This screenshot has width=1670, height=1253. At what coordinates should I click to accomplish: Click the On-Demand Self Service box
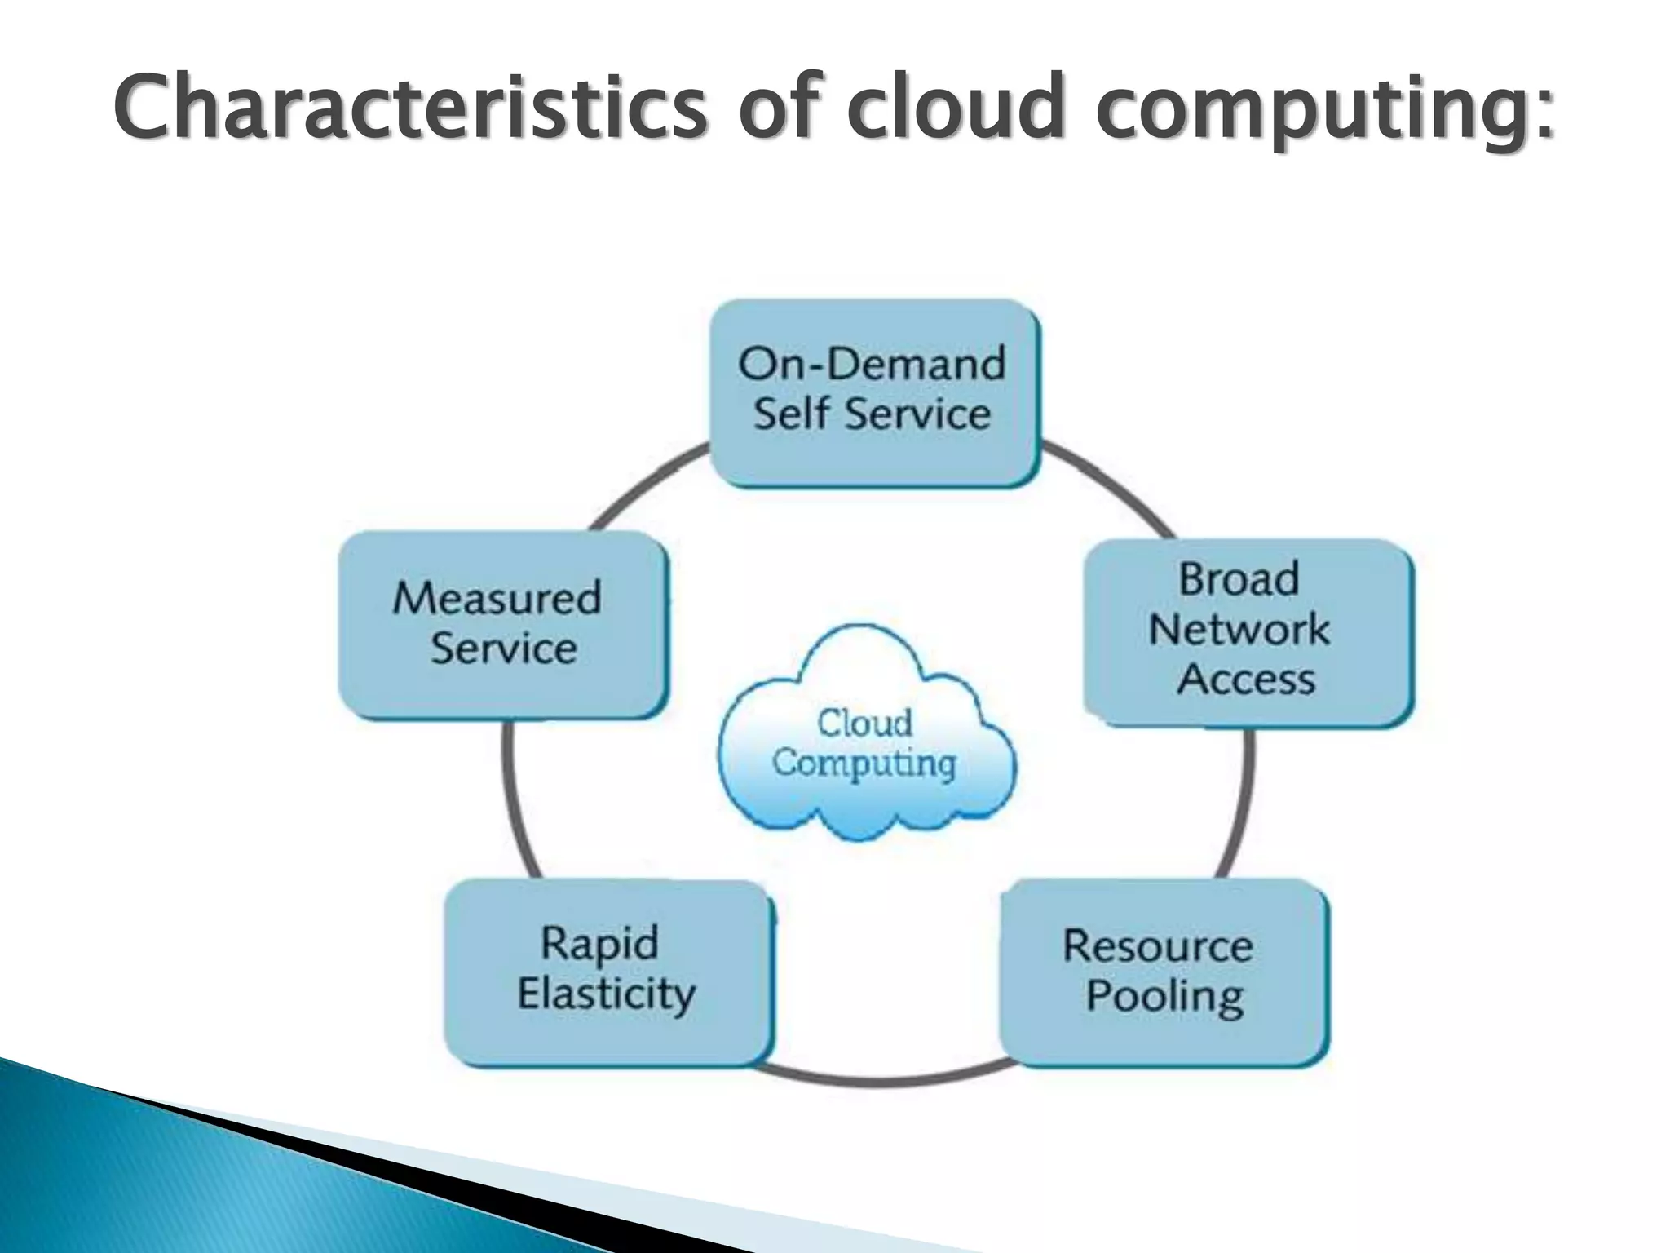coord(874,393)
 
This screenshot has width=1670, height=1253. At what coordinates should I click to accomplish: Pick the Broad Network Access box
coord(1248,632)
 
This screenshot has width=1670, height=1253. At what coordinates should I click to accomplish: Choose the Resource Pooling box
coord(1164,972)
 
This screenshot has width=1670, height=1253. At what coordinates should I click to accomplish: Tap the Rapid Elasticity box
coord(607,972)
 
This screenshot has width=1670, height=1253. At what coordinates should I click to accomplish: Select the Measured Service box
coord(502,625)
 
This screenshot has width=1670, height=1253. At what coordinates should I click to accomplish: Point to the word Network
coord(1239,630)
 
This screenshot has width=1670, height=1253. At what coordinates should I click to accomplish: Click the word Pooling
coord(1165,998)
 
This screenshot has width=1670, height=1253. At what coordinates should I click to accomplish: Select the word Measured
coord(497,598)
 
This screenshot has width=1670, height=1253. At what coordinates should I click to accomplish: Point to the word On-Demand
coord(872,364)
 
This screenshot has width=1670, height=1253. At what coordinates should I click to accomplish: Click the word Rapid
coord(599,945)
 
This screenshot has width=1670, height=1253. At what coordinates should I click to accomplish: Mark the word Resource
coord(1158,946)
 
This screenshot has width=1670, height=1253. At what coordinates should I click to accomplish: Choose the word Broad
coord(1239,580)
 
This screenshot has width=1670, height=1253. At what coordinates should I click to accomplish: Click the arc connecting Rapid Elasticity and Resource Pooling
coord(885,1081)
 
